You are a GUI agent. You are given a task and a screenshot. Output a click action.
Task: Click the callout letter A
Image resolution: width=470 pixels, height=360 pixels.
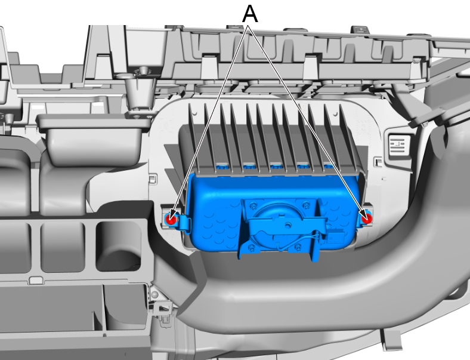(250, 13)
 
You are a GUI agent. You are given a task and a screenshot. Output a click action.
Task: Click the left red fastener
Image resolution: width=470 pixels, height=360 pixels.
(171, 219)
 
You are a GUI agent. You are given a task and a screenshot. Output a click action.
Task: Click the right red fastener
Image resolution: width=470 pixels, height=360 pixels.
(366, 219)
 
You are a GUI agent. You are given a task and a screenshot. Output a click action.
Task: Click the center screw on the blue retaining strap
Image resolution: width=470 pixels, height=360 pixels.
(288, 224)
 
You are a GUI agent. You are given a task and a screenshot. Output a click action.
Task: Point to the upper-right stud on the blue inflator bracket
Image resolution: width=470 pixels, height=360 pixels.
(306, 205)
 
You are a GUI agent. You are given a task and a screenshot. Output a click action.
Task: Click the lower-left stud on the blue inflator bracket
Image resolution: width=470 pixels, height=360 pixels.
(252, 248)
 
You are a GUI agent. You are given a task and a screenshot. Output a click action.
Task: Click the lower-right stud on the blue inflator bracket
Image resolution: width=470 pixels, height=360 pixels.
(298, 247)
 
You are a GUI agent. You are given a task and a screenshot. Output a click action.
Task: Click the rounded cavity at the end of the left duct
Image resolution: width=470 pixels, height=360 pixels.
(119, 246)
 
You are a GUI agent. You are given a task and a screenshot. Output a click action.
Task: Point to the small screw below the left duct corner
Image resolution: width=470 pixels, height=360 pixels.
(154, 294)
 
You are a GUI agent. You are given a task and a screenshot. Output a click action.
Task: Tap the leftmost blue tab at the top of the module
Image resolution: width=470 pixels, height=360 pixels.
(222, 167)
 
